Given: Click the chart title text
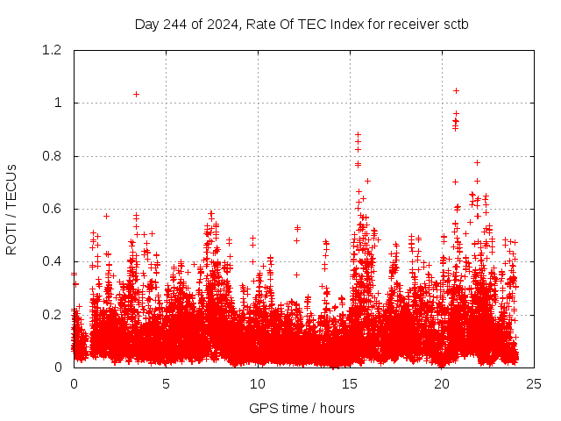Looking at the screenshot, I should tap(302, 24).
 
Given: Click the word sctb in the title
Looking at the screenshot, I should tap(454, 24).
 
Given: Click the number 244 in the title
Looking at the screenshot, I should tap(180, 24).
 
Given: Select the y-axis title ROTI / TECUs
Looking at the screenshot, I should tap(11, 209).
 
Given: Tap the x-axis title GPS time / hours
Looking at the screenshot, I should tap(302, 408).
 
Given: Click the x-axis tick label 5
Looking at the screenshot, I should tap(166, 383).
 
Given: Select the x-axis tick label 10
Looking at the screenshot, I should tap(258, 383).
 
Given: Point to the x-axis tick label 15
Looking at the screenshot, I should tap(350, 383).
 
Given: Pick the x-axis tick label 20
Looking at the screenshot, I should tap(442, 383).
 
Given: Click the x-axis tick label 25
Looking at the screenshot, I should tap(534, 383).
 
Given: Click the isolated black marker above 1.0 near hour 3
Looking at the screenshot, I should tap(136, 94).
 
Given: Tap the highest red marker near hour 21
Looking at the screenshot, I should tap(456, 90).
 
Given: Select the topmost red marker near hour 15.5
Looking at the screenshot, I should tap(358, 134).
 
